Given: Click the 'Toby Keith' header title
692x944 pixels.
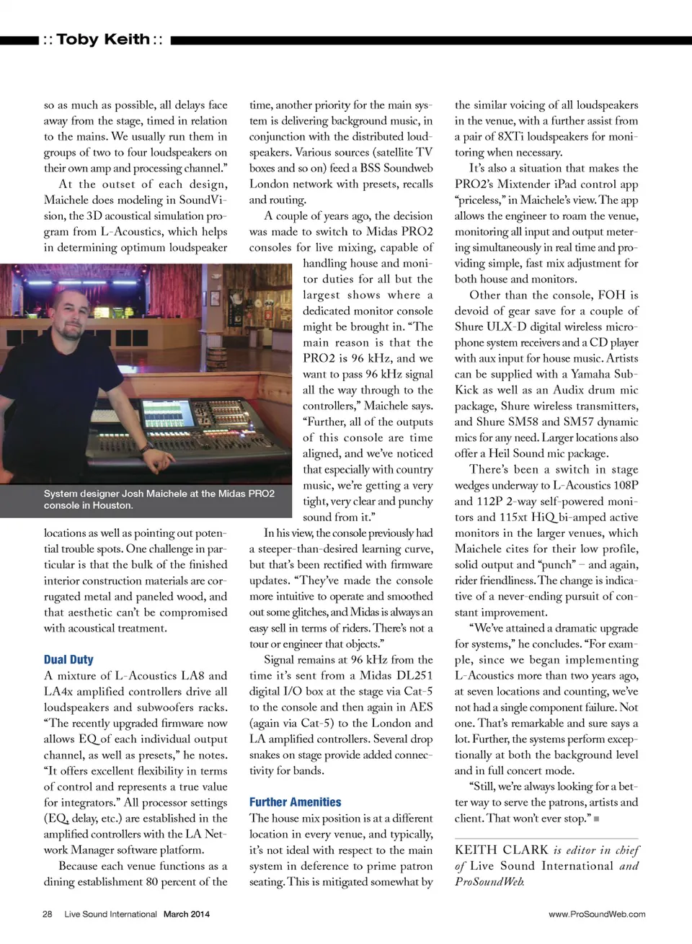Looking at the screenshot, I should (103, 40).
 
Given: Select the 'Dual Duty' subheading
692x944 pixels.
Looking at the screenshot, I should (68, 659).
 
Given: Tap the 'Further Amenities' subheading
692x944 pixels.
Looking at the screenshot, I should (295, 802).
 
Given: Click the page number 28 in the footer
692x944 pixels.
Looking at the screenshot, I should (48, 914).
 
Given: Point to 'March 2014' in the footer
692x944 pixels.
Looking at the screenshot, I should (187, 914).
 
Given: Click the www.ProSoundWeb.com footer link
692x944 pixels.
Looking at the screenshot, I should (597, 914).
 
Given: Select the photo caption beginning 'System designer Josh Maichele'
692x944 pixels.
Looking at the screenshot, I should (159, 499).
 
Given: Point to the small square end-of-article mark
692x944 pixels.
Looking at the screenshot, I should (596, 819).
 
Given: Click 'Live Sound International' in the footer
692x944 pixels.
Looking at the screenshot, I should (110, 914).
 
